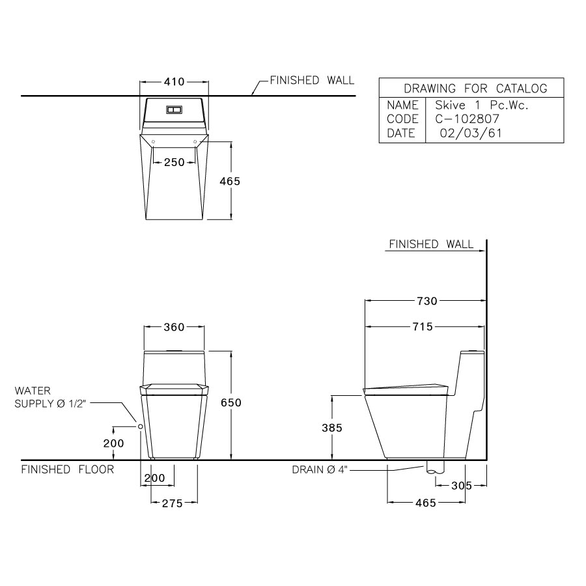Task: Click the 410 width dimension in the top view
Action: pyautogui.click(x=174, y=82)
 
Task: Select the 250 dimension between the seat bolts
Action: pyautogui.click(x=174, y=163)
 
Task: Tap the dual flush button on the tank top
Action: pyautogui.click(x=174, y=109)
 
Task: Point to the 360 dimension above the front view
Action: pyautogui.click(x=174, y=327)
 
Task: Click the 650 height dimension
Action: pyautogui.click(x=230, y=403)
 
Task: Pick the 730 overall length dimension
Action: pyautogui.click(x=426, y=301)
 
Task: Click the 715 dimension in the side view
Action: pyautogui.click(x=422, y=327)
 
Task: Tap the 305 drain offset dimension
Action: pyautogui.click(x=460, y=485)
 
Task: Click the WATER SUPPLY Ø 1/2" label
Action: pyautogui.click(x=51, y=397)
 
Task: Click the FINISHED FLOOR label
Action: pyautogui.click(x=68, y=469)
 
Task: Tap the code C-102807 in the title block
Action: pyautogui.click(x=466, y=119)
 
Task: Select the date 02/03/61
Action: pyautogui.click(x=466, y=133)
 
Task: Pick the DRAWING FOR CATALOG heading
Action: pyautogui.click(x=475, y=89)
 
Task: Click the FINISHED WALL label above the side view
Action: pyautogui.click(x=431, y=244)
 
